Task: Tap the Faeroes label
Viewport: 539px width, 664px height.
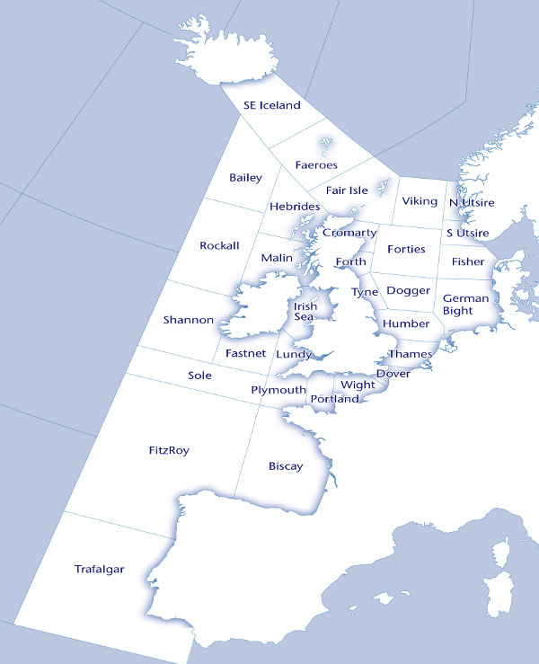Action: [316, 165]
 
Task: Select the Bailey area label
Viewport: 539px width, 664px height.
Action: [245, 178]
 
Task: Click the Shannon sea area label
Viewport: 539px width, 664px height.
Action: [189, 320]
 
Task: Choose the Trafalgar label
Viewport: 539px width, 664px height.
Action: [99, 569]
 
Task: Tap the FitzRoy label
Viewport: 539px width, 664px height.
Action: [169, 449]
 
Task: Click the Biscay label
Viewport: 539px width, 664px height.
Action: [286, 466]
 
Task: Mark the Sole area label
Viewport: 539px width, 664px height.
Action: [199, 376]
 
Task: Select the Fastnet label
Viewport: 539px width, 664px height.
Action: [245, 353]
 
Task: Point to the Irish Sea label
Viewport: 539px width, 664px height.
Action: [305, 311]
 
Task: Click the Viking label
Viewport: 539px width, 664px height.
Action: [420, 201]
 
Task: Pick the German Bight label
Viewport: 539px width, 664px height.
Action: [465, 305]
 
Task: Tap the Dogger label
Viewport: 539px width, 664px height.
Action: [408, 291]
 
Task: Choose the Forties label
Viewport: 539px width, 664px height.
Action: [405, 249]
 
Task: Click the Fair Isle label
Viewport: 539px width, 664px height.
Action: [347, 190]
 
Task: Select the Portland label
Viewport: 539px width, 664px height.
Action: [333, 399]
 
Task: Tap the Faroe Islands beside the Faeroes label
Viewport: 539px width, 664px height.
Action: [324, 144]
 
